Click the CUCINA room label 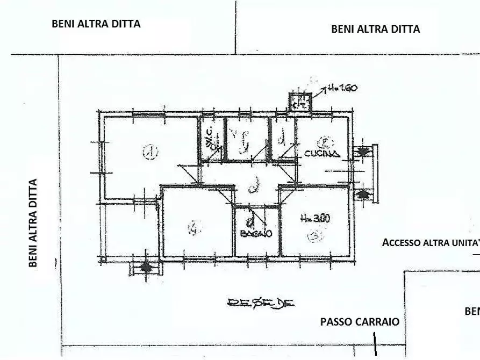(x=322, y=154)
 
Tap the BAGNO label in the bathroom (x=256, y=234)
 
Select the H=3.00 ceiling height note (x=315, y=219)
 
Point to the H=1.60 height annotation (x=342, y=89)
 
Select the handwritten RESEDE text (x=261, y=304)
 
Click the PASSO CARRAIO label (x=360, y=322)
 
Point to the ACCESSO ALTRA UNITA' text (x=431, y=242)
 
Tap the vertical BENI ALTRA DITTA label (x=33, y=223)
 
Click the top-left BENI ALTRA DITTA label (x=96, y=24)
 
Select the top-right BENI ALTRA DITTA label (x=375, y=29)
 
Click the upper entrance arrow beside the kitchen (x=364, y=152)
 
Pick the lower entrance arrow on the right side (x=364, y=193)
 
